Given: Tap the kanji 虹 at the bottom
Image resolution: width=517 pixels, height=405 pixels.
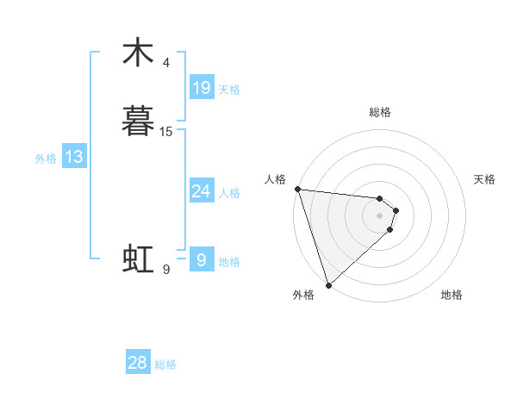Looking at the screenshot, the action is point(138,259).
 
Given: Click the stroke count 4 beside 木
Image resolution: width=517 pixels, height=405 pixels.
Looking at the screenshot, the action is point(166,63).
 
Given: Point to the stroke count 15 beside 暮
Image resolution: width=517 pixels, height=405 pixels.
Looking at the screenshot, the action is point(166,132).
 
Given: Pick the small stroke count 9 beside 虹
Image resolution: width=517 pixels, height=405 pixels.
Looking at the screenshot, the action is point(166,270).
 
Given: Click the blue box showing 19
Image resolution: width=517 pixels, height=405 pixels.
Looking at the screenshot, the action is point(202,88).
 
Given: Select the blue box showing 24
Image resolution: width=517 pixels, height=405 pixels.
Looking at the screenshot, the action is point(202,191).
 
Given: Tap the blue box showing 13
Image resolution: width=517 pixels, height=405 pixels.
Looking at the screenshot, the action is point(74,157).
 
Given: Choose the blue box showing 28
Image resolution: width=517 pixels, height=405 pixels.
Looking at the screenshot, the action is point(138,363).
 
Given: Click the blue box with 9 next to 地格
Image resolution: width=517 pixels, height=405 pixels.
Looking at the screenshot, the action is point(202,260).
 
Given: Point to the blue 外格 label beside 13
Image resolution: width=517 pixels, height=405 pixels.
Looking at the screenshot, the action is point(46,159).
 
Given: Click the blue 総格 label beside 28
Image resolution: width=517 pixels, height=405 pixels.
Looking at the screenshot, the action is point(165,364).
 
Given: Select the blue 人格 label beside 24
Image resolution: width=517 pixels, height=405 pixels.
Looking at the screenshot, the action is point(230,193).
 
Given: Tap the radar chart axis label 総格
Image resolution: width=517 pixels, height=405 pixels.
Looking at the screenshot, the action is point(380,113).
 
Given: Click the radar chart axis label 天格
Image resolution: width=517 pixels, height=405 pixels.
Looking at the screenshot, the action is point(485,179).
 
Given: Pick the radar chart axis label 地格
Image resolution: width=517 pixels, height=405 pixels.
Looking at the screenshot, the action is point(452,296).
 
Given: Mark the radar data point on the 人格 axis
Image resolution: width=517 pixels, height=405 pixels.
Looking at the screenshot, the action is point(297,189).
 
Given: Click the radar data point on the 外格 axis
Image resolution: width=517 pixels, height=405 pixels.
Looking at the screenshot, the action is point(328,284).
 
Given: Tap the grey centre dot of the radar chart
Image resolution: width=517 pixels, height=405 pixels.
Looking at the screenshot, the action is point(380,215).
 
